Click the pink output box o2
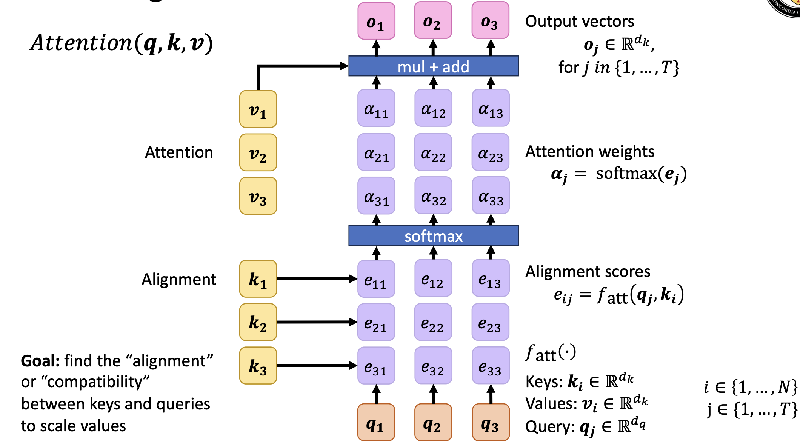coord(433,21)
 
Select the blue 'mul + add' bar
coord(433,66)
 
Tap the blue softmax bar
coord(433,236)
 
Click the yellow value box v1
coord(258,109)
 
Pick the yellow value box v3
coord(258,196)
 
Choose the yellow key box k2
coord(258,322)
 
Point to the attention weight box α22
coord(433,152)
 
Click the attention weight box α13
coord(491,108)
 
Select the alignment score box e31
coord(376,366)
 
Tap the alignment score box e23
coord(490,322)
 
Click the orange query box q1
coord(376,422)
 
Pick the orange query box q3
coord(491,422)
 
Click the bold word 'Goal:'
coord(40,361)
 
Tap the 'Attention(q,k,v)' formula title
coord(122,43)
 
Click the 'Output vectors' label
coord(580,22)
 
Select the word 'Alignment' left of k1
coord(178,280)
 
